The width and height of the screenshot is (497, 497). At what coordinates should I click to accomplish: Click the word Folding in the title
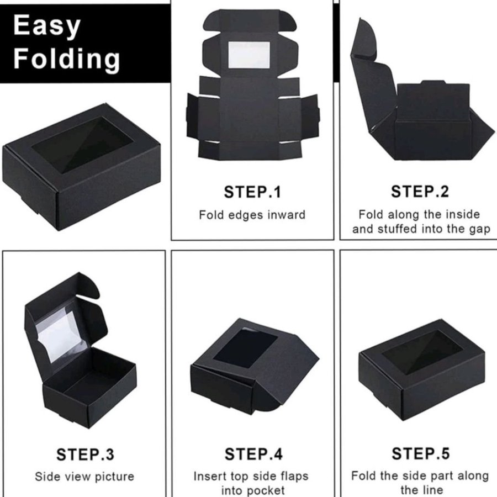(x=67, y=59)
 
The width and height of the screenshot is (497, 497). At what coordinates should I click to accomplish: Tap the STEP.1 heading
(x=252, y=192)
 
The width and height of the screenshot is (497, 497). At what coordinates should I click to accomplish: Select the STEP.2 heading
(x=420, y=192)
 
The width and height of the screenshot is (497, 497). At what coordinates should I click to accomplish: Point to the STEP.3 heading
(x=85, y=454)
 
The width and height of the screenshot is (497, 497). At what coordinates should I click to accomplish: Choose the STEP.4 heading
(x=253, y=454)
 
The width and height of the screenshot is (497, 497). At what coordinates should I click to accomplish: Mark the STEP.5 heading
(x=420, y=453)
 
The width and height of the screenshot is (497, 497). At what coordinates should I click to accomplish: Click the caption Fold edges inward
(x=252, y=215)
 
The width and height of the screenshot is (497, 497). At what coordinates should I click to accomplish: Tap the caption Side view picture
(x=84, y=477)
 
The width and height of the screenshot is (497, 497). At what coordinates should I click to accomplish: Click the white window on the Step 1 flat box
(x=249, y=55)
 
